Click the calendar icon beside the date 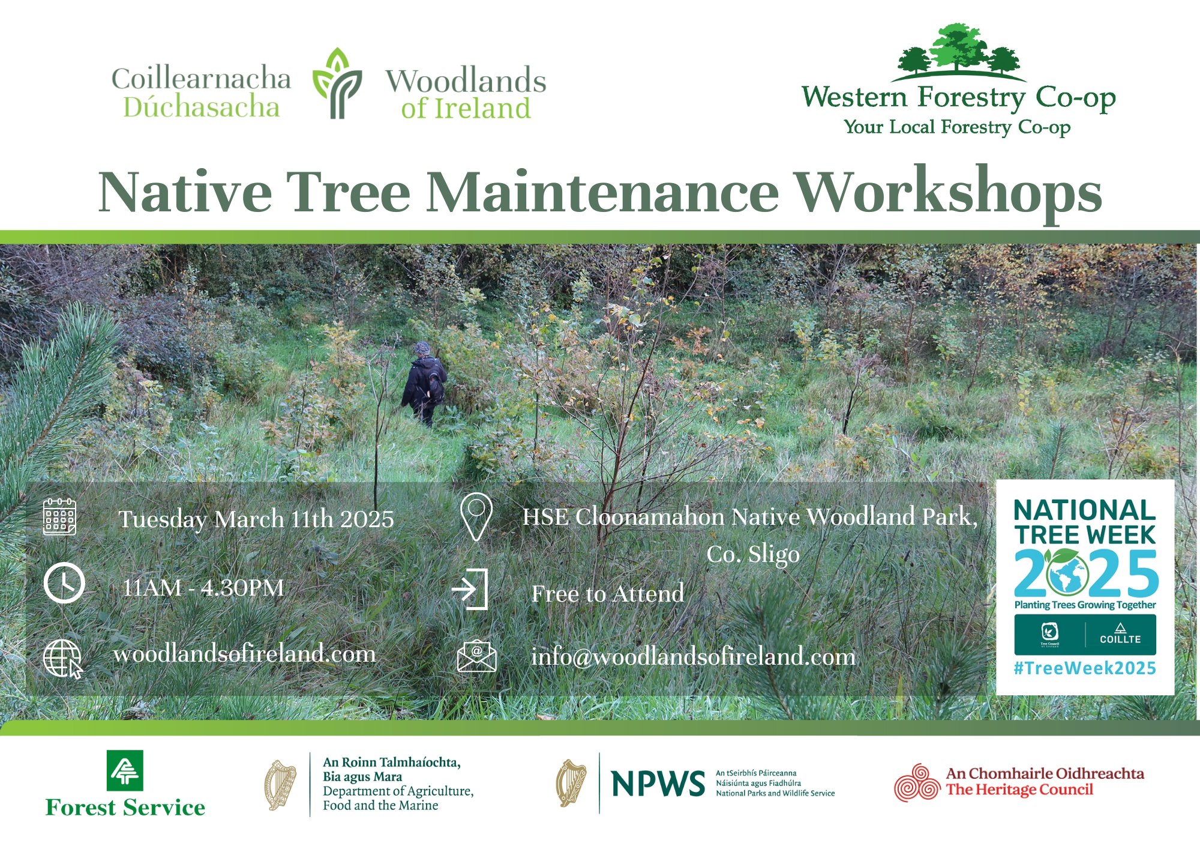pyautogui.click(x=59, y=516)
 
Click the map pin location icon pyautogui.click(x=476, y=518)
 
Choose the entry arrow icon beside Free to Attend pyautogui.click(x=470, y=589)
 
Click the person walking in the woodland pyautogui.click(x=424, y=384)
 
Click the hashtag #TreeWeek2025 pyautogui.click(x=1085, y=668)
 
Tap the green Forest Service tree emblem pyautogui.click(x=125, y=771)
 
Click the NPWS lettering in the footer pyautogui.click(x=658, y=784)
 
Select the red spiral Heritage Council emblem pyautogui.click(x=917, y=783)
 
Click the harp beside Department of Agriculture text pyautogui.click(x=281, y=785)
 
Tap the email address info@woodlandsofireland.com pyautogui.click(x=694, y=656)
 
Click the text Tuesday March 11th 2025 pyautogui.click(x=256, y=519)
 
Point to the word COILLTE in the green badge pyautogui.click(x=1120, y=639)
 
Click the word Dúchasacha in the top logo pyautogui.click(x=202, y=107)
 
